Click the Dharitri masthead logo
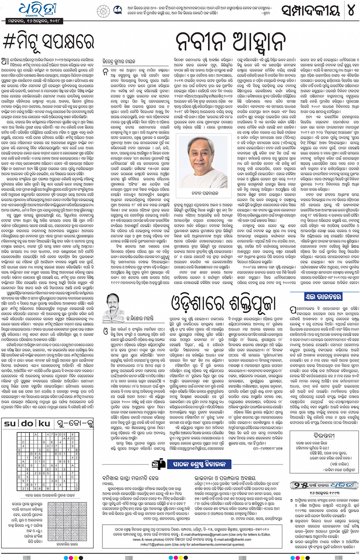(x=37, y=9)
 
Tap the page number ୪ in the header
(x=350, y=10)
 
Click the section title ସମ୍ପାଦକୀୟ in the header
(x=310, y=11)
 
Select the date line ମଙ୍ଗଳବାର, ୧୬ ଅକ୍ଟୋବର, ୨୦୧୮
(x=35, y=21)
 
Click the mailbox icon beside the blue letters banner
(x=158, y=464)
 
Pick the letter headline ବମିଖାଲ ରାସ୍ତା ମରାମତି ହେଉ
(x=131, y=478)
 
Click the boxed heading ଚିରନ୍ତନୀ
(x=324, y=435)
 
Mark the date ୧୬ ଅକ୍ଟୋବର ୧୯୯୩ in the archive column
(x=324, y=493)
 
